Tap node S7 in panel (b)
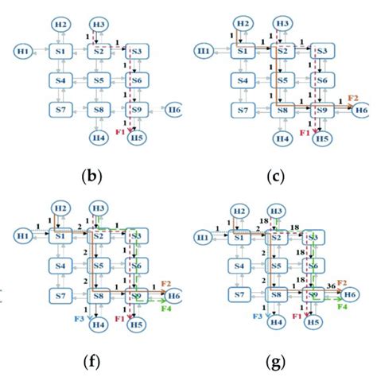click(60, 107)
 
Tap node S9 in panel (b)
click(136, 108)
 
